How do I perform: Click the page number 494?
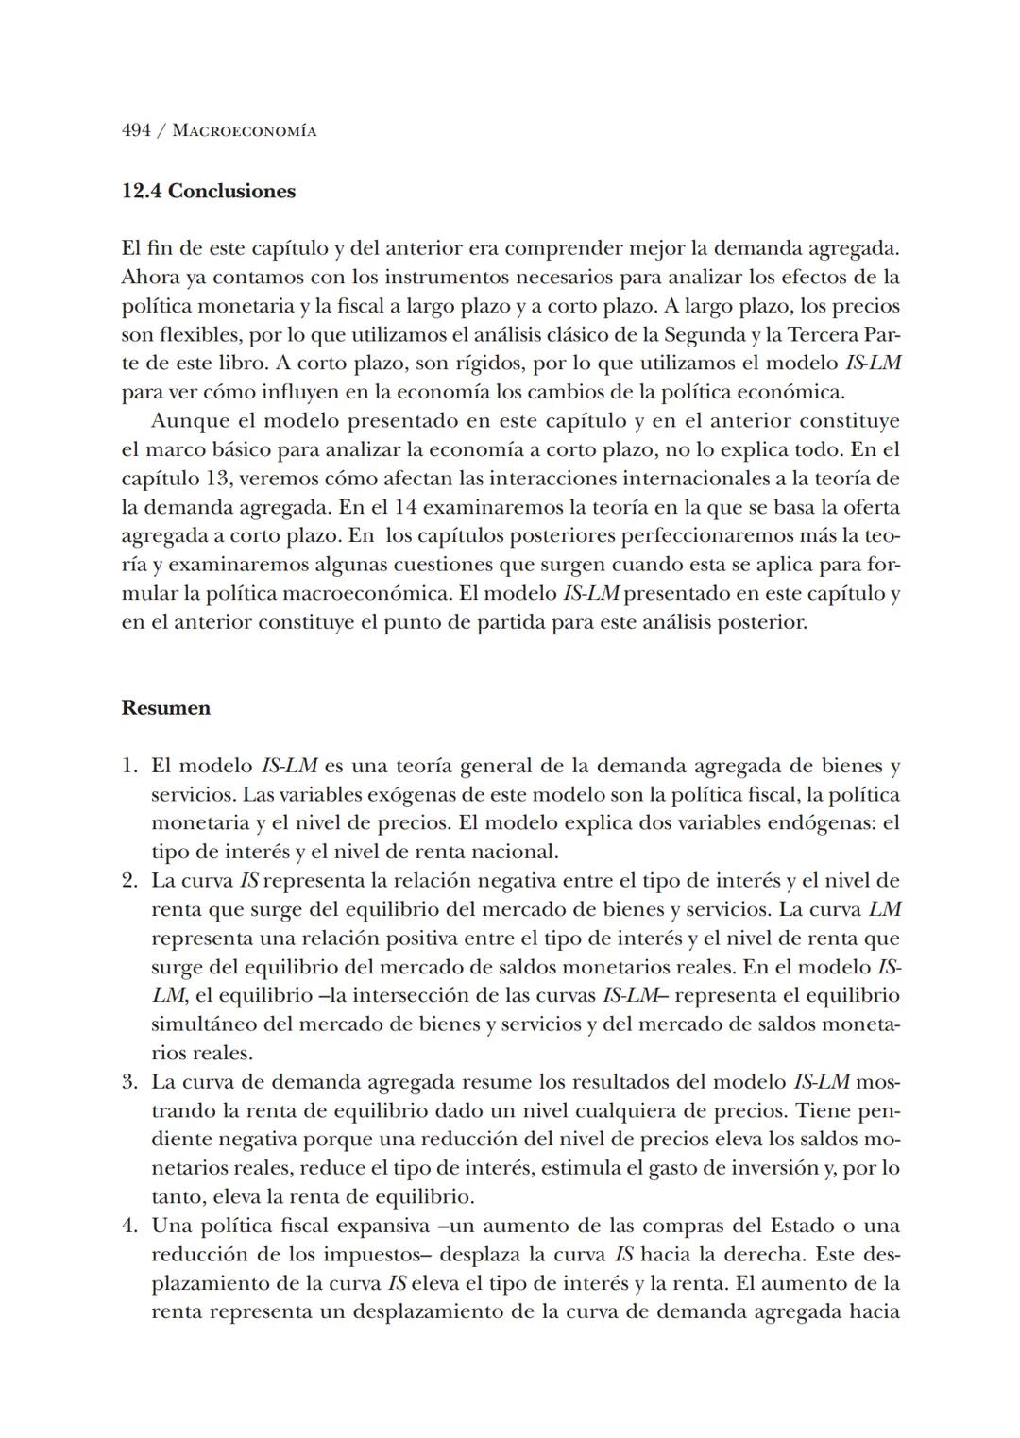click(137, 131)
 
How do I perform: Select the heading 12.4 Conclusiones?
click(209, 192)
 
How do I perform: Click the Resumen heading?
click(166, 708)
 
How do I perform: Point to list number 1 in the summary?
click(130, 766)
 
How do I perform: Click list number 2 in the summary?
click(130, 881)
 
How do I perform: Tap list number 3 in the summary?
click(130, 1082)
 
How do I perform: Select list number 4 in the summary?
click(130, 1227)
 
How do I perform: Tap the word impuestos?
click(354, 1256)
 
